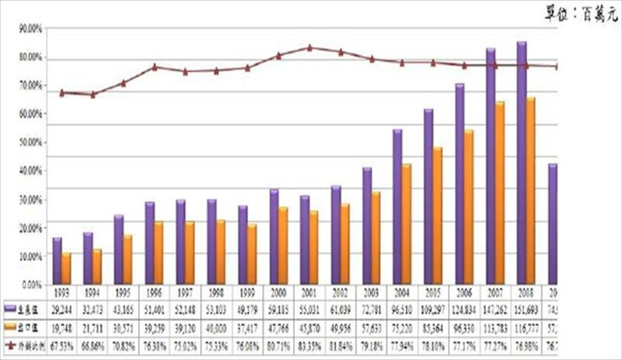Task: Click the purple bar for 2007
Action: pos(491,166)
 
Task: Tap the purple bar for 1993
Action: pos(57,260)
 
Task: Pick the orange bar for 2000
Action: pos(283,245)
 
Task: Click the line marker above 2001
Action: pos(309,47)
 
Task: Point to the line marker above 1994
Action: pos(93,95)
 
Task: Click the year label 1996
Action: pos(154,295)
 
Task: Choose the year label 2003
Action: pos(371,295)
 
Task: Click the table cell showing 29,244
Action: pos(62,309)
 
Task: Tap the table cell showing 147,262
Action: pos(494,309)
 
